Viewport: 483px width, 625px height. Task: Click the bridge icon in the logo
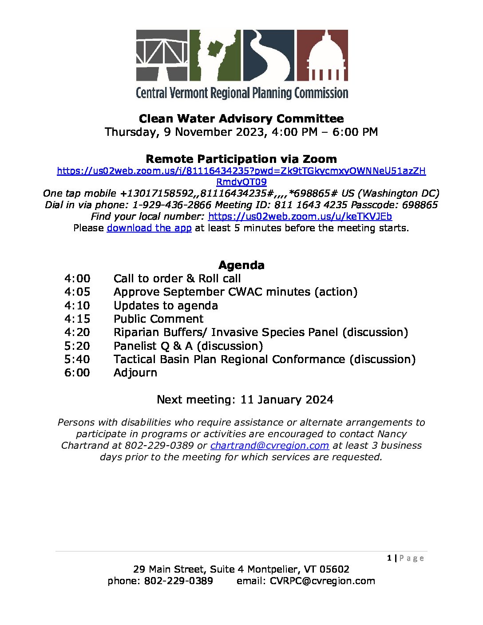click(x=162, y=55)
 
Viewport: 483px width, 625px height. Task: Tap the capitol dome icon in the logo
click(x=322, y=55)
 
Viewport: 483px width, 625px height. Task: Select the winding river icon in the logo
click(x=269, y=55)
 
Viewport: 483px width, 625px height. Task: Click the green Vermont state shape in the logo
click(x=215, y=55)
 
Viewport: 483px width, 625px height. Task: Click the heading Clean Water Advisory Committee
click(x=241, y=119)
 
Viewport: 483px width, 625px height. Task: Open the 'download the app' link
click(x=149, y=228)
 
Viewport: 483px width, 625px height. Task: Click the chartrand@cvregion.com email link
click(x=269, y=446)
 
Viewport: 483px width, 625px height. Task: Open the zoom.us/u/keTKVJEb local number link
click(x=300, y=217)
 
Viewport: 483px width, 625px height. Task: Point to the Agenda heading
click(x=241, y=265)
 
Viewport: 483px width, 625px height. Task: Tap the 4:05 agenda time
click(x=77, y=292)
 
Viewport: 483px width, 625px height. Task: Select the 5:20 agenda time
click(x=77, y=346)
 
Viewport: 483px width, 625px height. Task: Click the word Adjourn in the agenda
click(x=135, y=373)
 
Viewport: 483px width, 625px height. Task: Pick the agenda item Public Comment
click(x=158, y=319)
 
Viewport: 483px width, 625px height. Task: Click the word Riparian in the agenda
click(x=137, y=332)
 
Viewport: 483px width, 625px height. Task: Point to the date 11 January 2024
click(x=287, y=400)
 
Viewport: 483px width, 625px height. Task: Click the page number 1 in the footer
click(x=389, y=558)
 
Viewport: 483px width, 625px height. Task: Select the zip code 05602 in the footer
click(x=334, y=570)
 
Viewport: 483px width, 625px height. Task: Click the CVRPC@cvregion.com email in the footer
click(x=322, y=581)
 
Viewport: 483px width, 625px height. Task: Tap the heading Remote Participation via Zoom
click(x=241, y=159)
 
